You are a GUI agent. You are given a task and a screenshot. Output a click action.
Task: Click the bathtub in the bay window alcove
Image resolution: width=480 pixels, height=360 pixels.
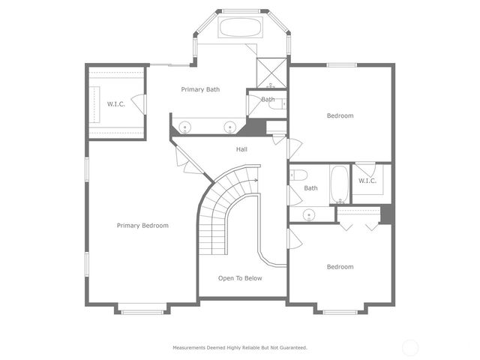[240, 28]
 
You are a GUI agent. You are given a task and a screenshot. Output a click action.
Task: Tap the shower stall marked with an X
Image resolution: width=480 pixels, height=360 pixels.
[270, 72]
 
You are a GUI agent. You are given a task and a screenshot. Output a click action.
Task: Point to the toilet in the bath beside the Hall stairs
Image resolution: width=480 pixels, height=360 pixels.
[298, 175]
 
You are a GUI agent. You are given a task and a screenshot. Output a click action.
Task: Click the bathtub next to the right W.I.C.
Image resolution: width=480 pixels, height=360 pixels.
[339, 184]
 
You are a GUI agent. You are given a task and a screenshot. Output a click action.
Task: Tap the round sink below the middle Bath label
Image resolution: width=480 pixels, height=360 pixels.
[309, 214]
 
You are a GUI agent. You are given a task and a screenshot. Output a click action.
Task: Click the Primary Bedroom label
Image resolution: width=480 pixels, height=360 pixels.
[142, 225]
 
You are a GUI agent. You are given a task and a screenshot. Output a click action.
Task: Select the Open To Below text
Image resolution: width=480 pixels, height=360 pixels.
[241, 278]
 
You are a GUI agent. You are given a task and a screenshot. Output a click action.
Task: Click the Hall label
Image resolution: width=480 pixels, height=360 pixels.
[241, 149]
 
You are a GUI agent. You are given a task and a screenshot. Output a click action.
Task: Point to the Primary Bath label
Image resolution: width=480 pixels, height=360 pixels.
[201, 89]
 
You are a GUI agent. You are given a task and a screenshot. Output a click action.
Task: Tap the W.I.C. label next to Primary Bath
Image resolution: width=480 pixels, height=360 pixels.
[115, 103]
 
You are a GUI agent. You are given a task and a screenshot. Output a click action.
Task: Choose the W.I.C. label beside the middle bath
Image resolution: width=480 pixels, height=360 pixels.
[367, 181]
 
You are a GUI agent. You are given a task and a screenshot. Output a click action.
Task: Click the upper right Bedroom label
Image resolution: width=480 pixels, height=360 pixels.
[340, 115]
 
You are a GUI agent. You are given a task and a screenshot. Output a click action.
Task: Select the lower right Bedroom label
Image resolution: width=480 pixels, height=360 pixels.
[340, 266]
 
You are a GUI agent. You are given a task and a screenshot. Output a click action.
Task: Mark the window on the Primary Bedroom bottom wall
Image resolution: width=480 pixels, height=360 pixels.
[142, 306]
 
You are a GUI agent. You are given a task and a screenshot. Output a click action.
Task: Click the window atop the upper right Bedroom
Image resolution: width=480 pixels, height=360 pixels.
[341, 65]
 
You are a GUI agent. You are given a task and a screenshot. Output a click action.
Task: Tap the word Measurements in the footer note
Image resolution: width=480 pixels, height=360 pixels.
[191, 347]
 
